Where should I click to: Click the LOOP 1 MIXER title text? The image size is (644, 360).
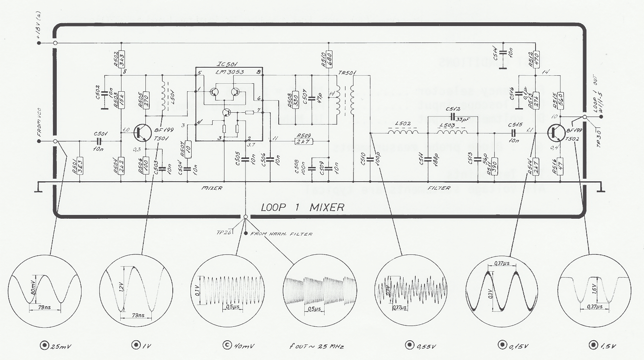click(302, 207)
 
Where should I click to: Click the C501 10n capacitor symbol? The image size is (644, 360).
click(100, 141)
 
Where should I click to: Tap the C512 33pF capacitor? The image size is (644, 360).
click(453, 116)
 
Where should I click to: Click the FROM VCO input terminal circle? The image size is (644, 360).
click(55, 141)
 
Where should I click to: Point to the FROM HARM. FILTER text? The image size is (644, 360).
click(281, 234)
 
